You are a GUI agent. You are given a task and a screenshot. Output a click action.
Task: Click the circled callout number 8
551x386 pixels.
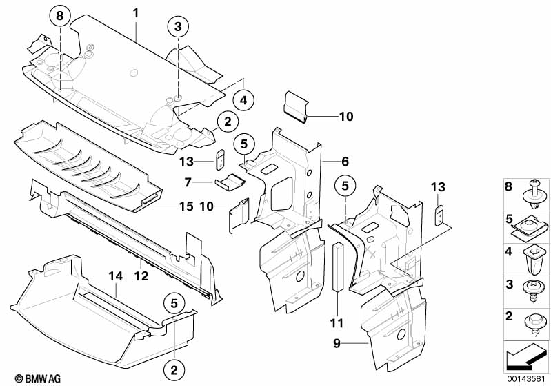coord(60,16)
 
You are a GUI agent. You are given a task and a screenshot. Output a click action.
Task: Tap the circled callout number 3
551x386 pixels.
coord(178,26)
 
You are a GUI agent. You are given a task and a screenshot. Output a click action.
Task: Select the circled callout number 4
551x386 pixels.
coord(243,100)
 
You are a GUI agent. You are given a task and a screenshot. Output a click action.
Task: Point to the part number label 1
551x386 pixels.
coord(136,13)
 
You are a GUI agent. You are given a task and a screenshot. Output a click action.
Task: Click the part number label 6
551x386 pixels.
coord(345,162)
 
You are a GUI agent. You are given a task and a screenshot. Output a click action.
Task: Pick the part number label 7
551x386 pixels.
coord(188,182)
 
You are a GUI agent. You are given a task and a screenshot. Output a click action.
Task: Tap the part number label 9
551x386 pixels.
coord(337,343)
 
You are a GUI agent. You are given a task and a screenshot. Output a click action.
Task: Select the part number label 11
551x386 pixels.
coord(337,323)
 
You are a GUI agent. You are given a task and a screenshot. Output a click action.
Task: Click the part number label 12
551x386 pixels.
coord(141,276)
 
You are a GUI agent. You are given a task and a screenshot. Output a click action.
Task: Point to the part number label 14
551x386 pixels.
coord(115,276)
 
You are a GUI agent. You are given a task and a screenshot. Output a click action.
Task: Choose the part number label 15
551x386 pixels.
coord(186,206)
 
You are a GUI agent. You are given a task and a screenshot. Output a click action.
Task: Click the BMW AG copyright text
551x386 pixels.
coord(38,378)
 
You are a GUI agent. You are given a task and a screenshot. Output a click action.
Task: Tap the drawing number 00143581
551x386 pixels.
coord(526,379)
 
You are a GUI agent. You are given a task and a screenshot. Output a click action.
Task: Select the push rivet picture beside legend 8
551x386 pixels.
coord(536,195)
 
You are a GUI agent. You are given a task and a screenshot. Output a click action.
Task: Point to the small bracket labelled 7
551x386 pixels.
coord(230,182)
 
